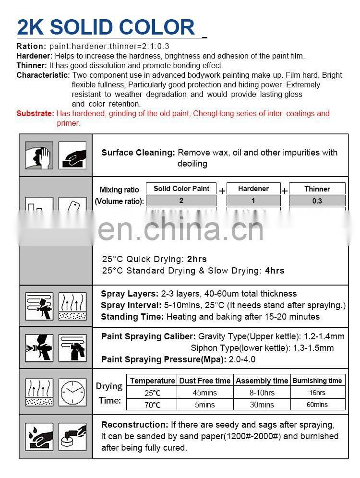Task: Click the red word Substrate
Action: [x=35, y=114]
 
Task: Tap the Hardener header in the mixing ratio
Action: [x=253, y=189]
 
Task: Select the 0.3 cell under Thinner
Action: [x=317, y=201]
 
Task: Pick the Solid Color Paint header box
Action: [x=181, y=189]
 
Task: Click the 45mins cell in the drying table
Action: [x=204, y=393]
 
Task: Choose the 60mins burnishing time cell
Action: [x=317, y=405]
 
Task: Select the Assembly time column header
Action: [x=262, y=381]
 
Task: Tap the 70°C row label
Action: [x=153, y=405]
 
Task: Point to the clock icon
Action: [x=72, y=392]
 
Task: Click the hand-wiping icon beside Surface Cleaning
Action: [x=72, y=155]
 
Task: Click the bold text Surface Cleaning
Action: [x=138, y=153]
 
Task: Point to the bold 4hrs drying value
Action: [x=275, y=271]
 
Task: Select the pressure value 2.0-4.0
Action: [x=242, y=359]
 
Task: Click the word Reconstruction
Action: [x=134, y=425]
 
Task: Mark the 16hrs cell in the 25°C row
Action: [x=317, y=393]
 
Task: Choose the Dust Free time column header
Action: [x=204, y=381]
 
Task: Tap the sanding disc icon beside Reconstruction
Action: [x=72, y=436]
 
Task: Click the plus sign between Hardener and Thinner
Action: [x=285, y=191]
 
